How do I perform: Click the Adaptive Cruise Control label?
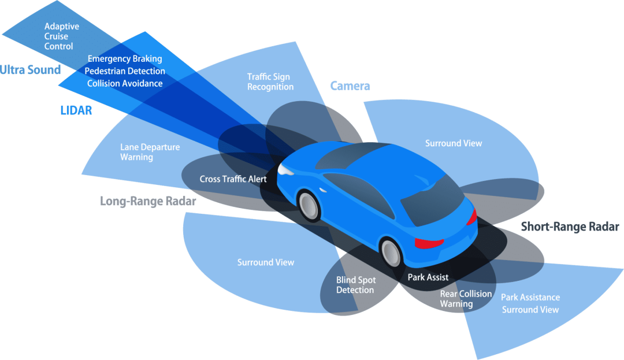[62, 36]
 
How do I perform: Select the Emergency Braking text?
[125, 59]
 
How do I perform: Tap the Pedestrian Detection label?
[125, 71]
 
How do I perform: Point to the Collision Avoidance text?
[125, 83]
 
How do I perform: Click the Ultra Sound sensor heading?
[30, 70]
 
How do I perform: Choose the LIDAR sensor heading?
[76, 110]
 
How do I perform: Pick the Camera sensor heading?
[350, 86]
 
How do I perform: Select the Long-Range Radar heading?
[148, 201]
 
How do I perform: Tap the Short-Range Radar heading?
[570, 227]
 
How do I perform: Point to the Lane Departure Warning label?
[150, 152]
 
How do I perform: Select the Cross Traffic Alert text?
[233, 179]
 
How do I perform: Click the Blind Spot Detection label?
[356, 285]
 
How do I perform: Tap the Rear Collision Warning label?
[466, 299]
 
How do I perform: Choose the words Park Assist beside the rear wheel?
[428, 277]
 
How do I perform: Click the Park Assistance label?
[530, 297]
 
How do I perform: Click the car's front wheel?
[309, 206]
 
